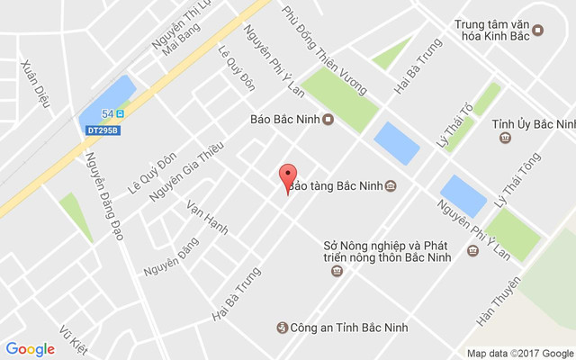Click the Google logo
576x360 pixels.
(x=30, y=349)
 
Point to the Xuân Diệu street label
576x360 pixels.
(x=34, y=84)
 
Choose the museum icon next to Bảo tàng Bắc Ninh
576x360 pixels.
(x=389, y=186)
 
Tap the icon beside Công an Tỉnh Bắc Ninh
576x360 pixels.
(x=283, y=328)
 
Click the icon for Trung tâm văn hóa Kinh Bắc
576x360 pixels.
(x=538, y=30)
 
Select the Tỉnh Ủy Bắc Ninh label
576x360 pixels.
(x=534, y=124)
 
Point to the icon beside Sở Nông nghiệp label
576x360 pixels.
(x=473, y=251)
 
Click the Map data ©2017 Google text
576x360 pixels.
(x=518, y=353)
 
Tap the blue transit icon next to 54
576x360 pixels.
(x=120, y=113)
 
